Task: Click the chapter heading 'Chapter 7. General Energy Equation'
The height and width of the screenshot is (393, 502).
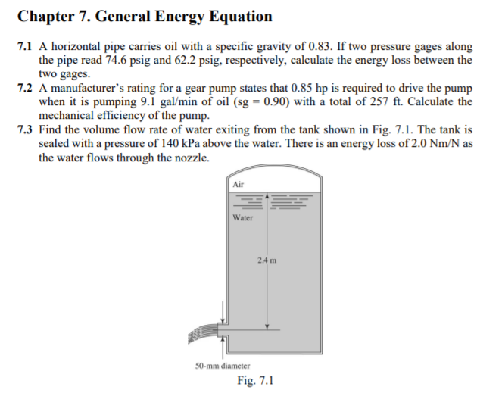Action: pos(144,15)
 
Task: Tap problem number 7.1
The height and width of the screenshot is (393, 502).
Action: pos(24,47)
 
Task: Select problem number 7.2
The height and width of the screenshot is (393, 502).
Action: pos(24,88)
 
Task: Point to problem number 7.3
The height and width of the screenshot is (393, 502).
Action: pos(24,129)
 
